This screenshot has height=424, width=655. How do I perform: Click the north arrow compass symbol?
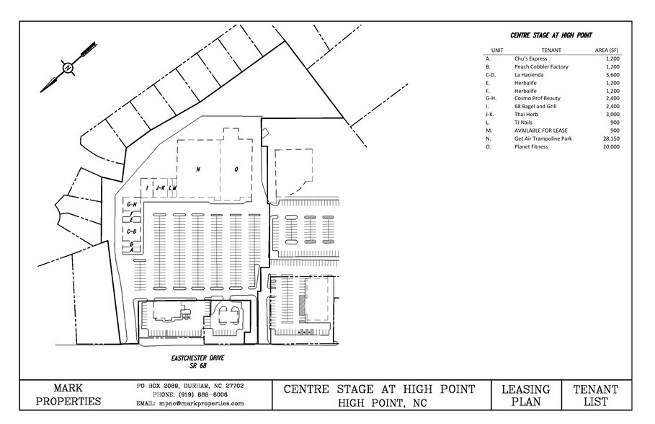(68, 68)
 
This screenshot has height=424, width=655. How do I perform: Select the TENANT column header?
(551, 50)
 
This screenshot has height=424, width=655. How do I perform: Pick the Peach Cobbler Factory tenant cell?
(541, 66)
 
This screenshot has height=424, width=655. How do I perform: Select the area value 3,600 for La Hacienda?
(611, 74)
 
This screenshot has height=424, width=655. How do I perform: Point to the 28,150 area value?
(610, 138)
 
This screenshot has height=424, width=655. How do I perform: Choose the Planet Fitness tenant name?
(531, 146)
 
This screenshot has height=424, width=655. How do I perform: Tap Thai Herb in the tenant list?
(526, 114)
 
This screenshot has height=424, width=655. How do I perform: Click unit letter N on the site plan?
(197, 169)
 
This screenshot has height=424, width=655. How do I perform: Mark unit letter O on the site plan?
(236, 169)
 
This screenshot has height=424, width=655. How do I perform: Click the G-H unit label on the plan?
(131, 205)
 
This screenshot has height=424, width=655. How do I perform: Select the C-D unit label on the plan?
(131, 231)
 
